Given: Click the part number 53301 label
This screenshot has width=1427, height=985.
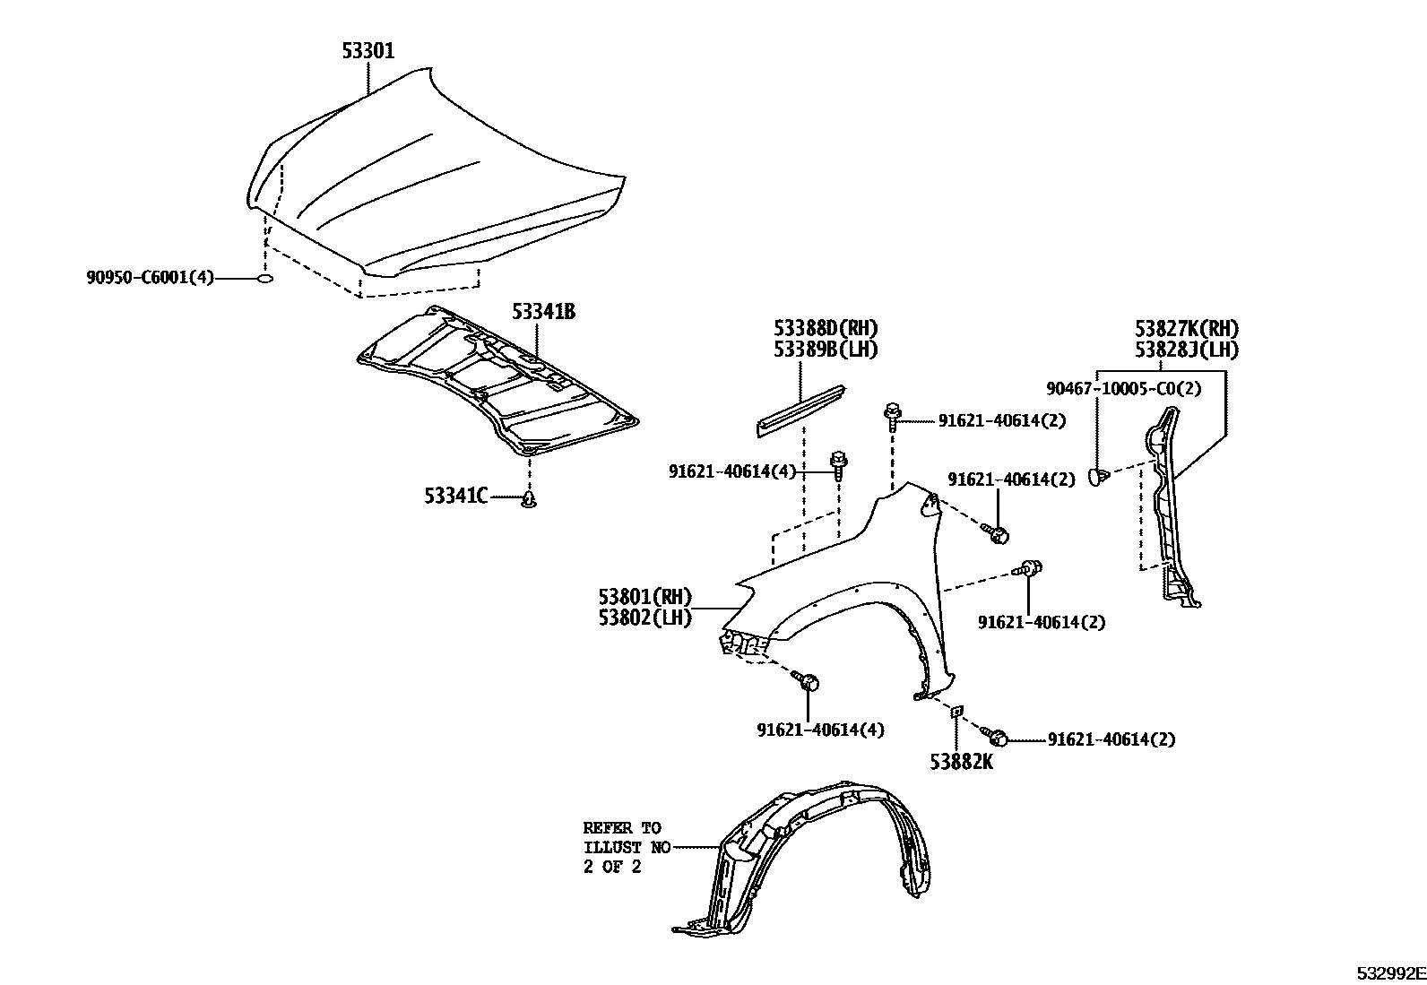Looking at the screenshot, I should tap(368, 51).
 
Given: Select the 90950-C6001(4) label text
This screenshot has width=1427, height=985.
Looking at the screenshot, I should tap(151, 278).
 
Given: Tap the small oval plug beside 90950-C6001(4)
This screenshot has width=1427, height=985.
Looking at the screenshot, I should tap(265, 279).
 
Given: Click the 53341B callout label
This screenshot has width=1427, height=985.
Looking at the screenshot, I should tap(543, 312).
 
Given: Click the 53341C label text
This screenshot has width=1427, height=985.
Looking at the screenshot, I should tap(455, 495).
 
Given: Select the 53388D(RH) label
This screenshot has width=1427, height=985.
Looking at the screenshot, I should tap(826, 328).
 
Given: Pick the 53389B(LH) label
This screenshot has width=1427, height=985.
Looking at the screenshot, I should tap(826, 350).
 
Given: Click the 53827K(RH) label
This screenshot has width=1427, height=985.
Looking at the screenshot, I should tap(1187, 329).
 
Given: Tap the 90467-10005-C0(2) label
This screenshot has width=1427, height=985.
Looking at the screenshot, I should tap(1124, 388).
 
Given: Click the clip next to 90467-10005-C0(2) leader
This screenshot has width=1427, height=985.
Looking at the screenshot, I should tap(1098, 476).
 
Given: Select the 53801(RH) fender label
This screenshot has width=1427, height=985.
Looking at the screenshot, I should tap(644, 596).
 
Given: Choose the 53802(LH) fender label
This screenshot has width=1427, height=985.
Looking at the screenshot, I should tap(644, 618).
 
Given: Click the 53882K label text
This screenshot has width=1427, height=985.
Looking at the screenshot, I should tap(960, 762).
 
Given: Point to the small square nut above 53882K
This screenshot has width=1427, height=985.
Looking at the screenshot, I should tap(956, 711).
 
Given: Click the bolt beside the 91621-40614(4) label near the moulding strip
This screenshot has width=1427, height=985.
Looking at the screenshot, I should tap(840, 463).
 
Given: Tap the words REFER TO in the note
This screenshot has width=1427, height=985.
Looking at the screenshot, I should tap(621, 828).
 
